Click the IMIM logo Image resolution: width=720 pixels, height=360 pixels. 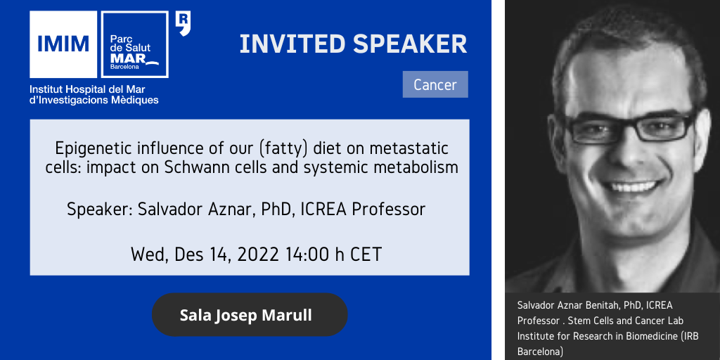pos(63,44)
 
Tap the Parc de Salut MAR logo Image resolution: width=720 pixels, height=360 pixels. pos(134,44)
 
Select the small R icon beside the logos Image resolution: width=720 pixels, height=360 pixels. pos(184,24)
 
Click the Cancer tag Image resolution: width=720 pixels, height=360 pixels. pos(435,84)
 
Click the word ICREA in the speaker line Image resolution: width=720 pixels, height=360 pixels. pos(324,210)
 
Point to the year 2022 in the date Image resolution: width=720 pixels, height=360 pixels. pos(258,255)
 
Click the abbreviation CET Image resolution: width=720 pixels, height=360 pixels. pos(366,255)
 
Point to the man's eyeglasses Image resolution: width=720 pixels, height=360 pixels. pos(631,127)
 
